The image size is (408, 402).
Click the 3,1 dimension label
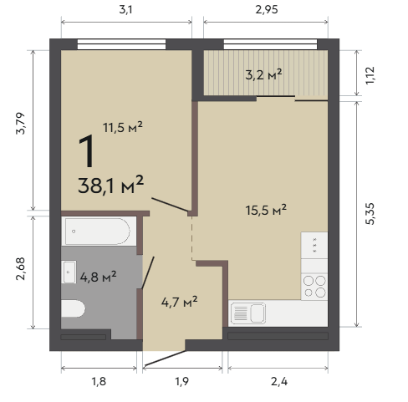(125, 10)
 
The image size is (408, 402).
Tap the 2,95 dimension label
(267, 10)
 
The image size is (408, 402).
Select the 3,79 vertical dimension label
(20, 124)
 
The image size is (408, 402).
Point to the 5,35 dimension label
(370, 214)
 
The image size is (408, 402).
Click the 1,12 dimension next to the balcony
(370, 75)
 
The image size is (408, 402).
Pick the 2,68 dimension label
(20, 269)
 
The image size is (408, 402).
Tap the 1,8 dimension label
(99, 381)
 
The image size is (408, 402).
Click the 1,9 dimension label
(182, 381)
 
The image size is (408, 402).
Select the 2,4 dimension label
(279, 381)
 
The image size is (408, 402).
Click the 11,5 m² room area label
(123, 127)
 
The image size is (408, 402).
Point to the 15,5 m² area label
(266, 210)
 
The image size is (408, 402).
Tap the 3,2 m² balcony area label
(263, 74)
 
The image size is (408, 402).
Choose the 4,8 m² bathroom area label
(98, 277)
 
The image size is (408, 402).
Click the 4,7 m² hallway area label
(180, 302)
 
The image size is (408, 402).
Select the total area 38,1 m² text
(111, 185)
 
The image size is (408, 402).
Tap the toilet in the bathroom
(73, 308)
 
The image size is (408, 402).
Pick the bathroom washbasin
(69, 272)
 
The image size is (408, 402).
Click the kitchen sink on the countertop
(248, 313)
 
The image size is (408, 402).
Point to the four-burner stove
(314, 286)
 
